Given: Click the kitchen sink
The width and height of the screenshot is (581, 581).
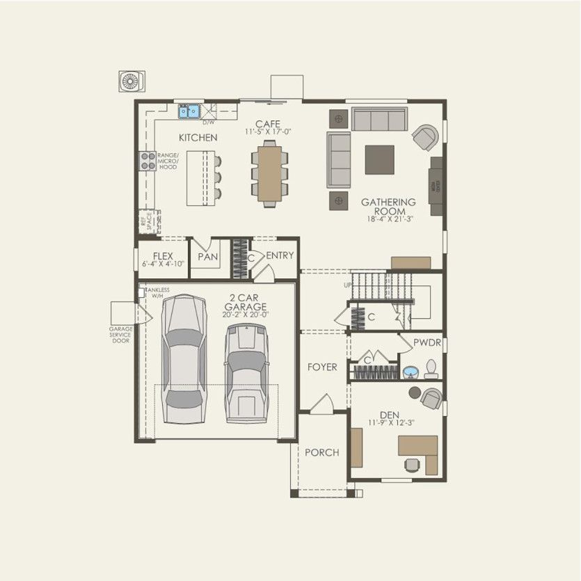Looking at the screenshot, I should click(189, 111).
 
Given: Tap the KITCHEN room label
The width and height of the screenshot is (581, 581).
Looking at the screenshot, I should click(198, 138).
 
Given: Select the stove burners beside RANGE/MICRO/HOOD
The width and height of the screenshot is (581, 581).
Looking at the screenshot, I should click(148, 161).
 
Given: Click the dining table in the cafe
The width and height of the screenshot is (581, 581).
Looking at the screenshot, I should click(270, 174).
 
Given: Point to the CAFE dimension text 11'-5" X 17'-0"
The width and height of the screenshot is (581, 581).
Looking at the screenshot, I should click(268, 132).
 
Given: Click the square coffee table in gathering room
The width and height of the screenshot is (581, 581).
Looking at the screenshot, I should click(379, 159).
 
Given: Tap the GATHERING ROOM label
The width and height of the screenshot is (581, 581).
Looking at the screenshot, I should click(388, 207).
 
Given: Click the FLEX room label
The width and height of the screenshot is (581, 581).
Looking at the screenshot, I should click(163, 256).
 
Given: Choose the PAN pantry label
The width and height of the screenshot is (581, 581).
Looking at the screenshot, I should click(207, 257).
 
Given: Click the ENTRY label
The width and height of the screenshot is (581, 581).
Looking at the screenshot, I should click(280, 255).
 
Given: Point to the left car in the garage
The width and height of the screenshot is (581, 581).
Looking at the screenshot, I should click(184, 358).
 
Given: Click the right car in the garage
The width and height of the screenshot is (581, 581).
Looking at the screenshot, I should click(246, 365).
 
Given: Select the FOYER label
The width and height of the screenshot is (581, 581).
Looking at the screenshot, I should click(322, 367).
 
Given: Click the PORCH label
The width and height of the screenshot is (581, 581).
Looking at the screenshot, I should click(321, 452).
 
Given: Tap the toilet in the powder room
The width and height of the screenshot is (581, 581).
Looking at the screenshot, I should click(431, 369).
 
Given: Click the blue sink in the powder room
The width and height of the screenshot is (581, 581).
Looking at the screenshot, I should click(410, 372).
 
